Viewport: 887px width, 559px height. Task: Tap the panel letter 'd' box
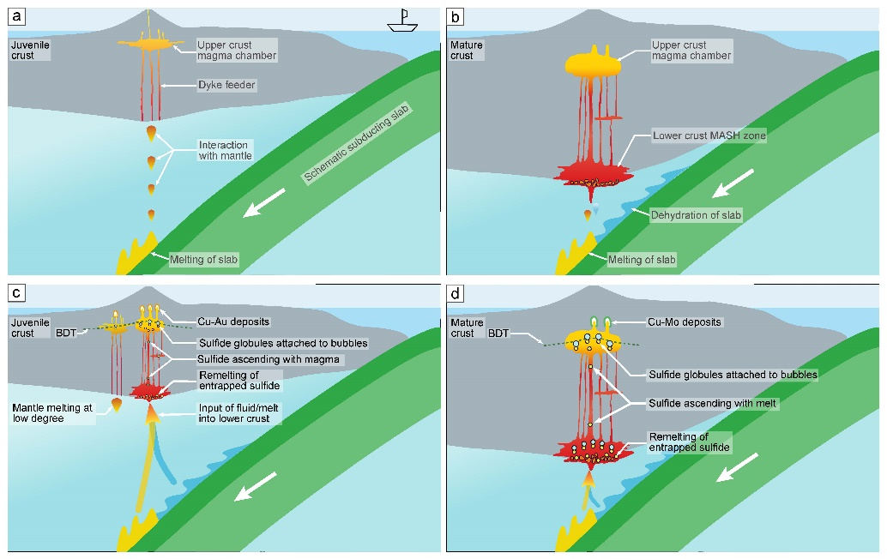pyautogui.click(x=456, y=294)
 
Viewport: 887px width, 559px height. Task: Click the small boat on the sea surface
pyautogui.click(x=401, y=21)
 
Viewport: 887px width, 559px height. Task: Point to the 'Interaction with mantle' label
pyautogui.click(x=225, y=150)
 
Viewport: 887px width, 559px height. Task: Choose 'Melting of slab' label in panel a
pyautogui.click(x=202, y=258)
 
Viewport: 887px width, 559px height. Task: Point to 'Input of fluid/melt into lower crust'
pyautogui.click(x=232, y=412)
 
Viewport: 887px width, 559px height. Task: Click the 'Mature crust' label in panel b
pyautogui.click(x=467, y=50)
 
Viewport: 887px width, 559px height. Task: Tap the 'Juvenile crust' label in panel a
pyautogui.click(x=30, y=50)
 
